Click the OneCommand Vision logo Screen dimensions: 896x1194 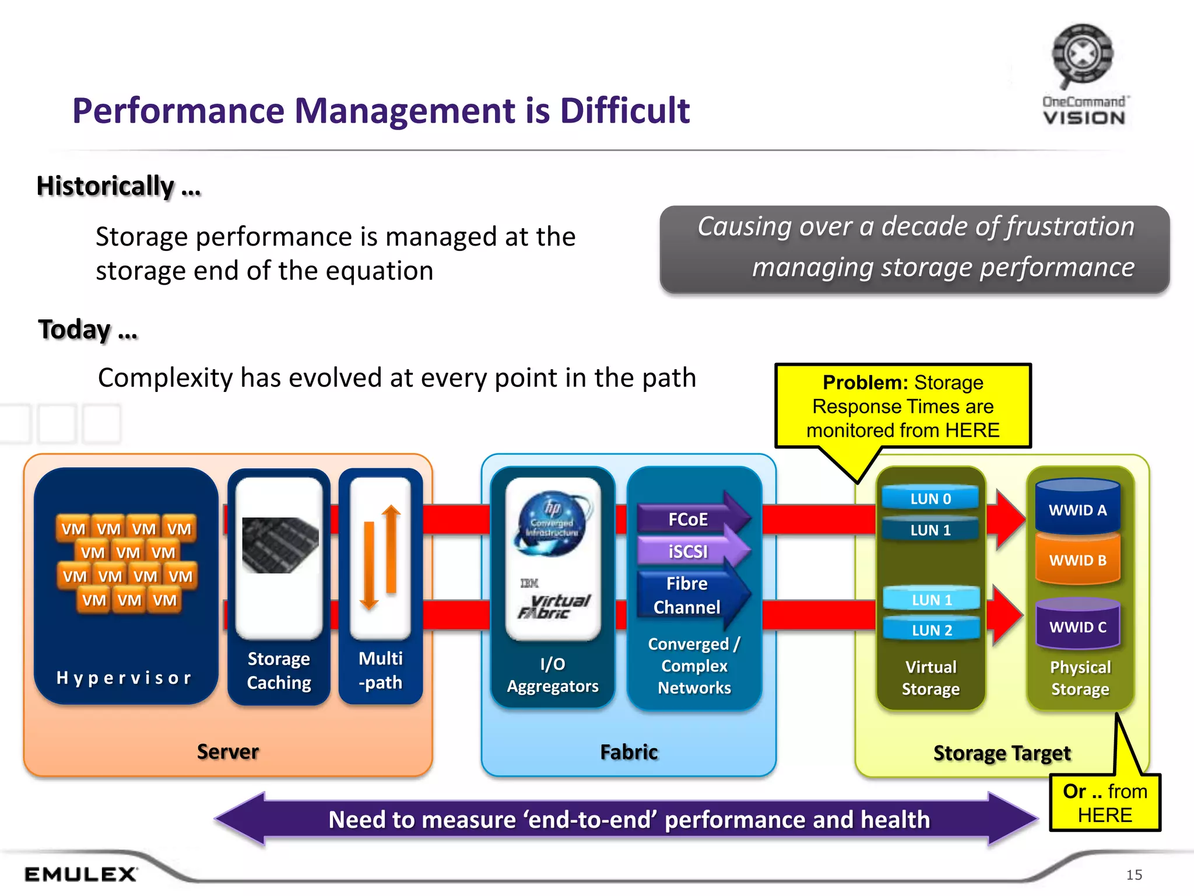pyautogui.click(x=1083, y=76)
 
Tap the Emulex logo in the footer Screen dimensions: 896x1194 pyautogui.click(x=80, y=874)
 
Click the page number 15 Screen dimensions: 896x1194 pyautogui.click(x=1134, y=874)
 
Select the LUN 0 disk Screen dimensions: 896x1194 pyautogui.click(x=930, y=499)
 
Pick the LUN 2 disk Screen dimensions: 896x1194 pyautogui.click(x=932, y=630)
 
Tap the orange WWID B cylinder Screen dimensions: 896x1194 pyautogui.click(x=1077, y=560)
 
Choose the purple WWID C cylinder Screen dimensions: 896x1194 pyautogui.click(x=1077, y=626)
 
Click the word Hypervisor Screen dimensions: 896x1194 pyautogui.click(x=124, y=677)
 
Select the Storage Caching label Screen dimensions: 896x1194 pyautogui.click(x=279, y=670)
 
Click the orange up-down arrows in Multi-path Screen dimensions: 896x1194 pyautogui.click(x=380, y=557)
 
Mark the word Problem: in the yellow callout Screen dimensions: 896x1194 pyautogui.click(x=865, y=383)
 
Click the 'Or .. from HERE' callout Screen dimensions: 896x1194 pyautogui.click(x=1104, y=803)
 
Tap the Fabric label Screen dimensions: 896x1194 pyautogui.click(x=628, y=752)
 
